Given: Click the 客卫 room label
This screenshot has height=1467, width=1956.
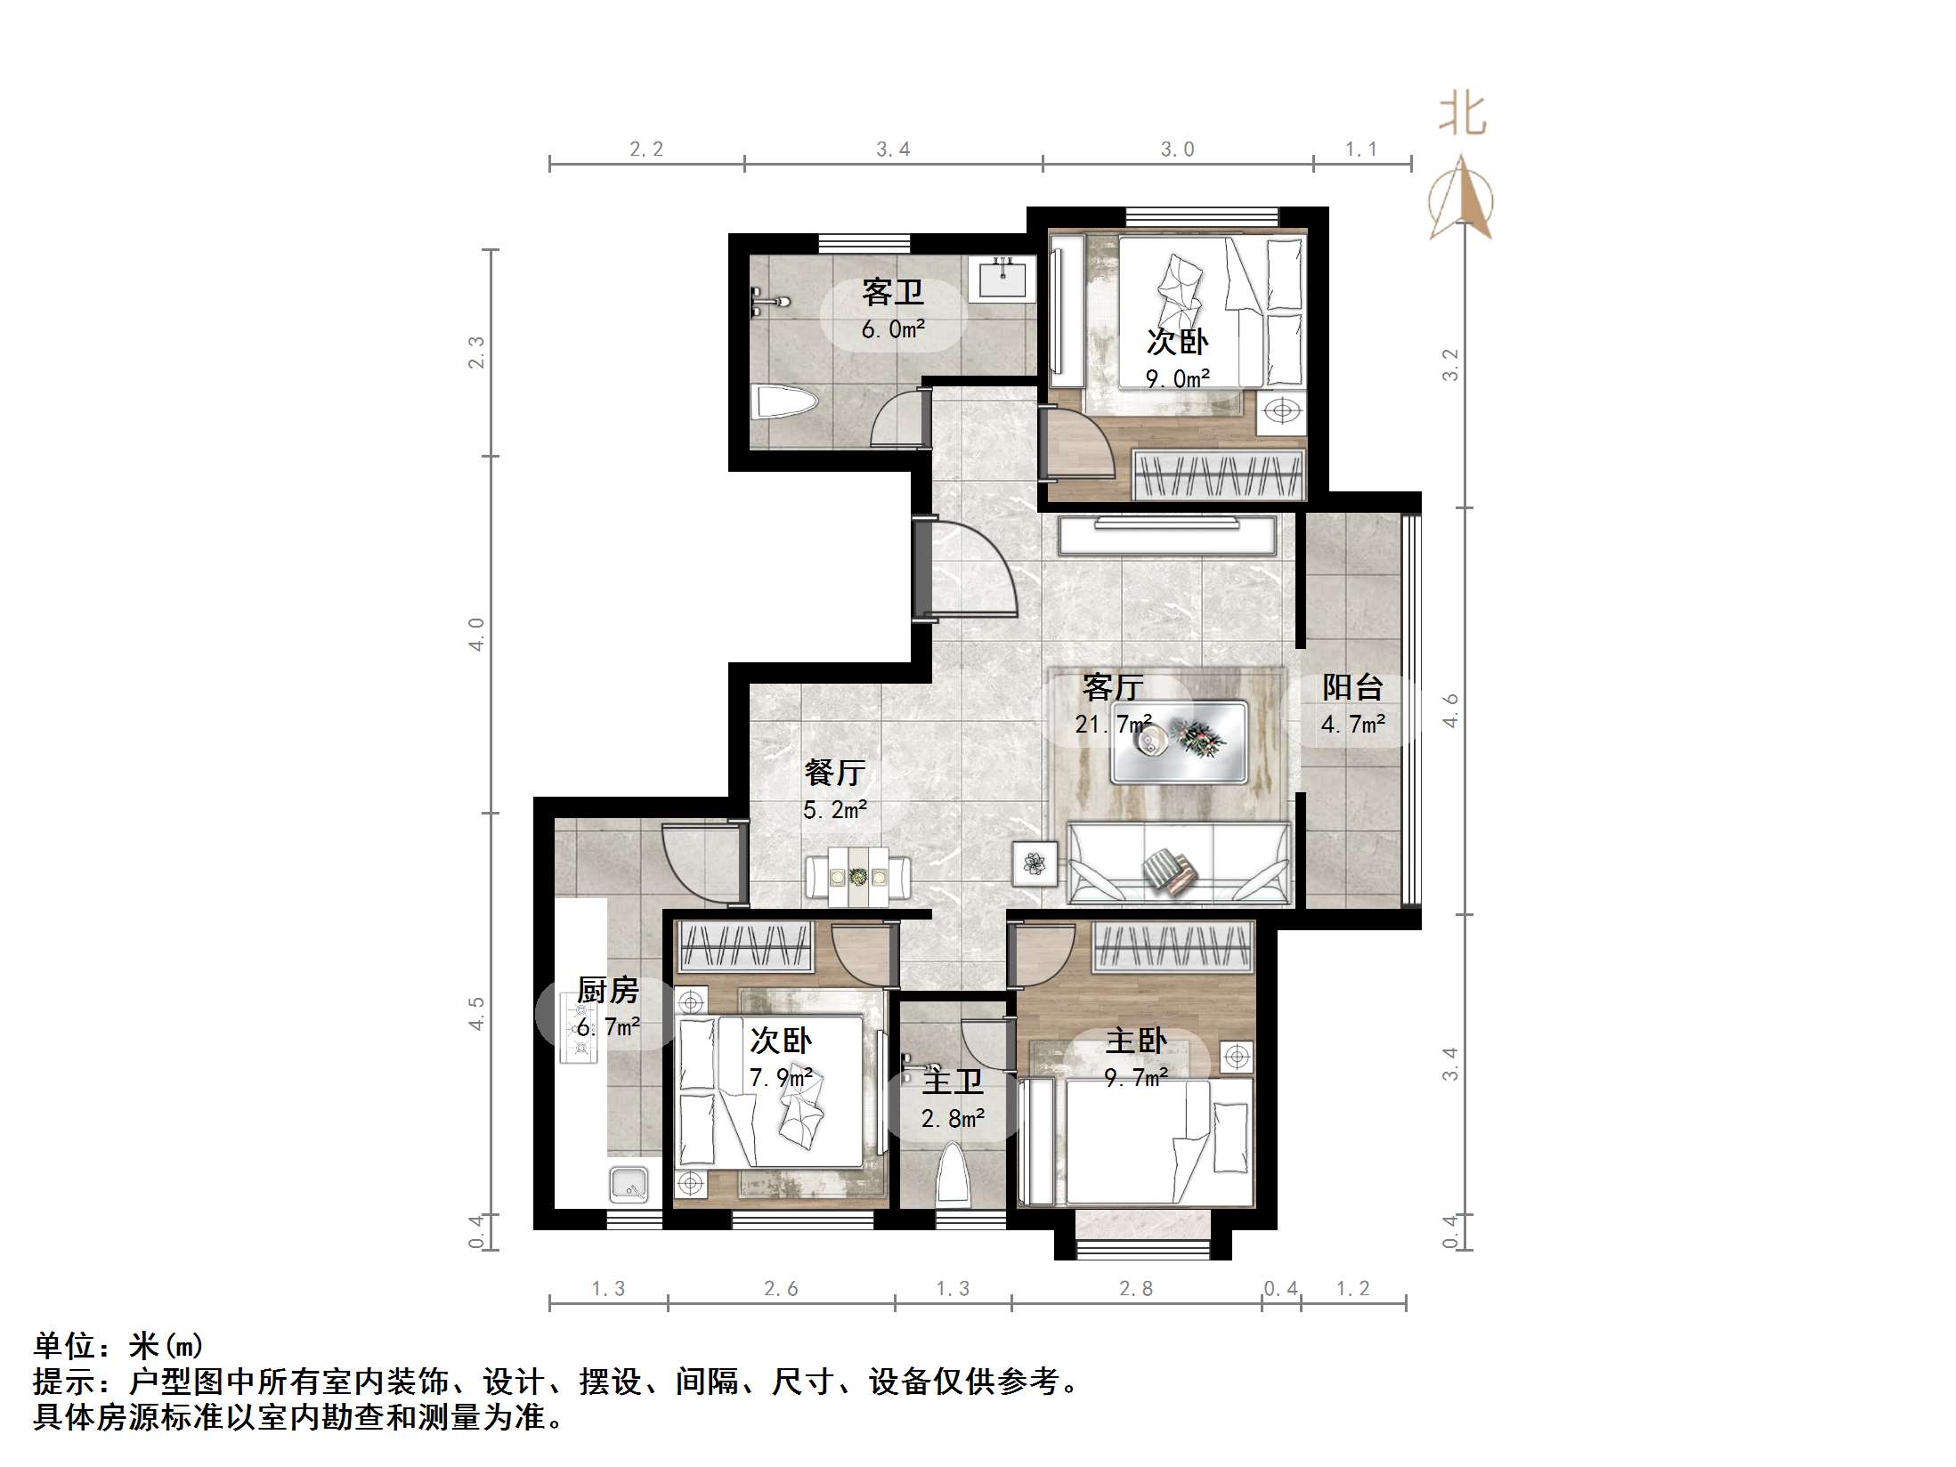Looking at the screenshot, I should [x=892, y=292].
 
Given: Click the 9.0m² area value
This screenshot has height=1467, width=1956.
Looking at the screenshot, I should [x=1177, y=379].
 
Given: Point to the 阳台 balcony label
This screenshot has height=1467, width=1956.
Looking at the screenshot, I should [x=1351, y=687].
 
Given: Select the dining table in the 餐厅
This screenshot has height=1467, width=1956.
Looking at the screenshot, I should [x=858, y=878].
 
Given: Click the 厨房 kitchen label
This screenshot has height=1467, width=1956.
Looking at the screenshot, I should [x=607, y=990].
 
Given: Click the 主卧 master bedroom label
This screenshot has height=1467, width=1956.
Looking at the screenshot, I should [x=1136, y=1041].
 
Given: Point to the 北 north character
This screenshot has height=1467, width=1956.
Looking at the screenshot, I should [x=1462, y=117].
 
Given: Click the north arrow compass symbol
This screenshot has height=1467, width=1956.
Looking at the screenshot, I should [x=1461, y=200].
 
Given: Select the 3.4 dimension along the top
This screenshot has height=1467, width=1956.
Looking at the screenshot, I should [x=893, y=150].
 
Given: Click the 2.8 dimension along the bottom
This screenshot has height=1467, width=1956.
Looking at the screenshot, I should [x=1136, y=1288].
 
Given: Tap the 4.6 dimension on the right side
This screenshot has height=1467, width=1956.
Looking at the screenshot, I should [x=1450, y=709].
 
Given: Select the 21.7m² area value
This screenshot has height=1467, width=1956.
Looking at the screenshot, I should [x=1113, y=725].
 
